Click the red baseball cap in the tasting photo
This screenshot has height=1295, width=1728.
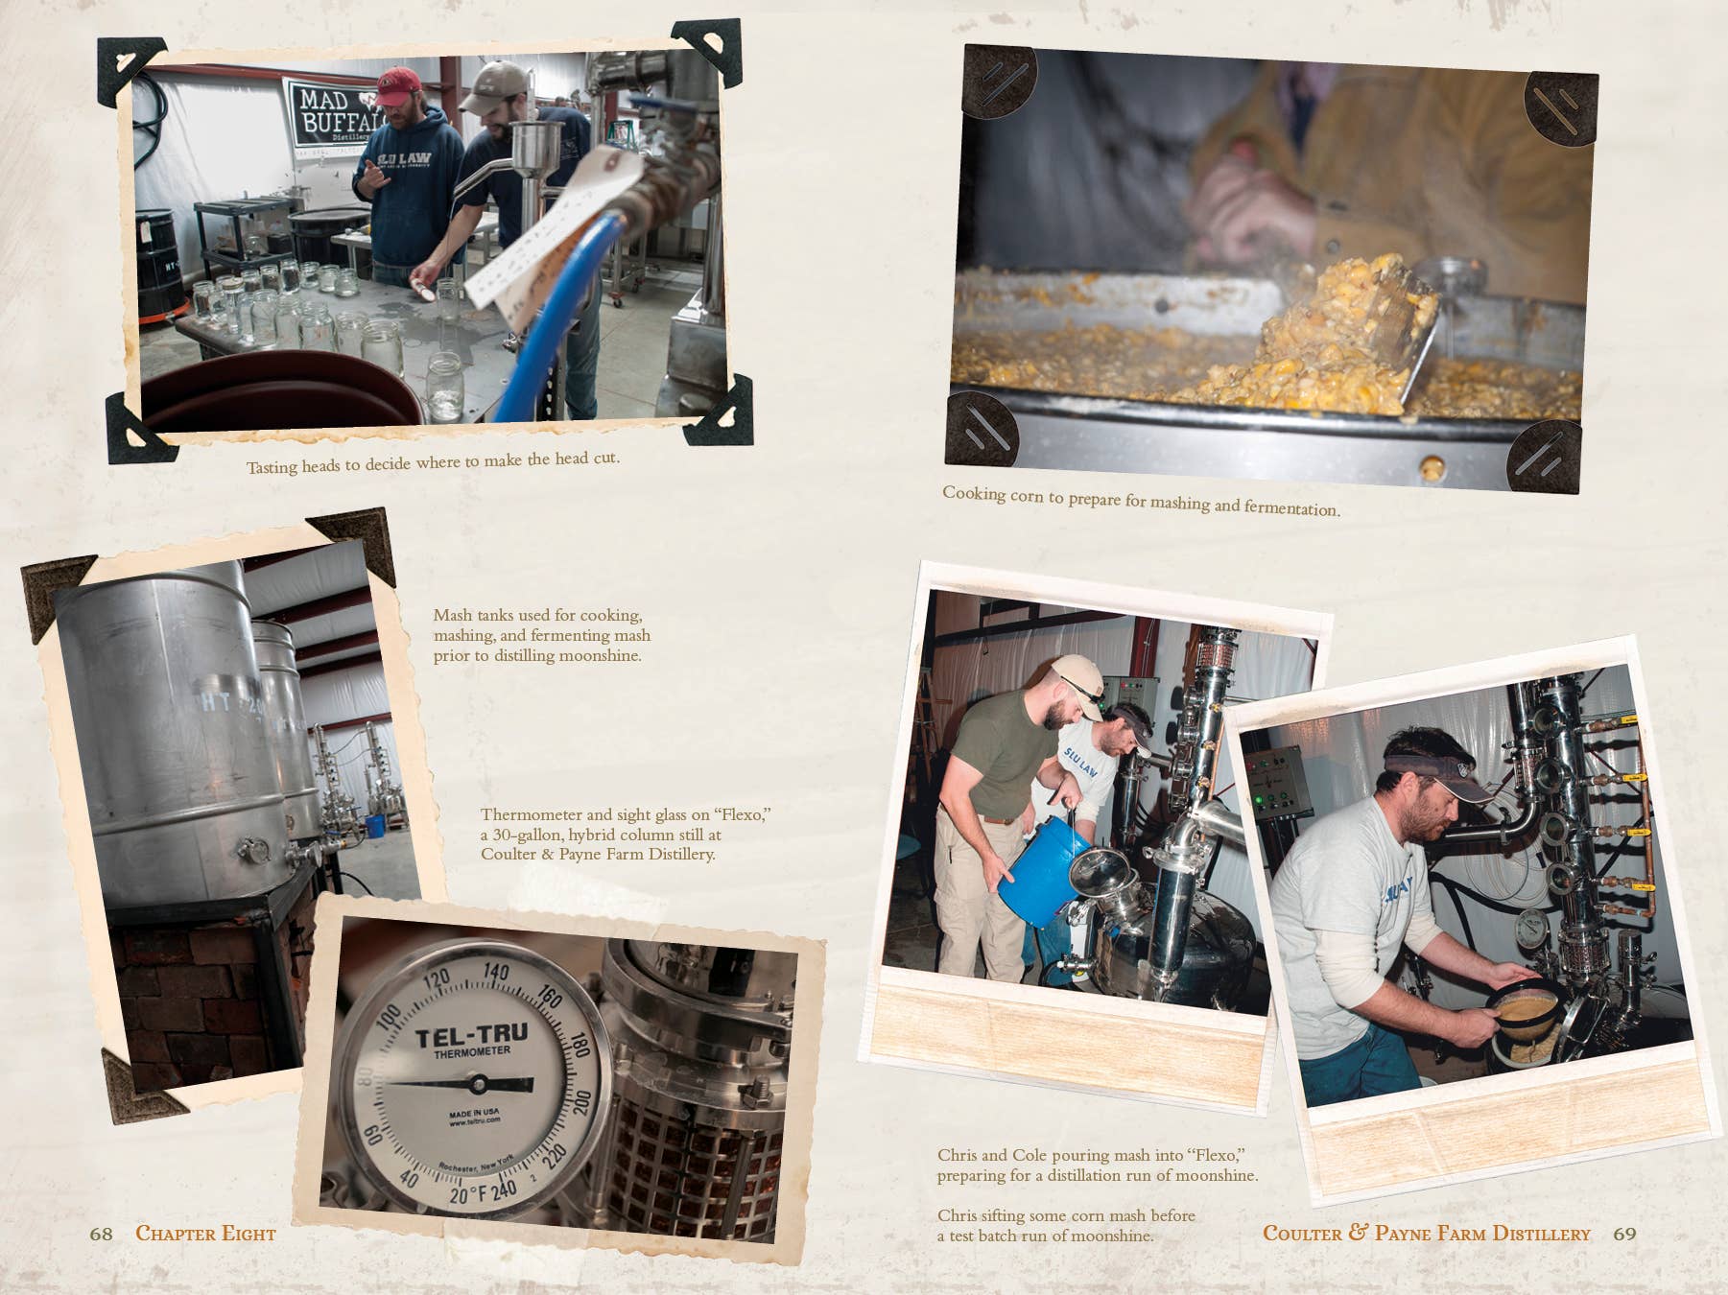point(399,83)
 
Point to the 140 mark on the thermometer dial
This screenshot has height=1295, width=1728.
point(495,973)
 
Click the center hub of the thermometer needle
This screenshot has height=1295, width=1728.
point(477,1084)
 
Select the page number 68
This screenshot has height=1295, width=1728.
point(101,1234)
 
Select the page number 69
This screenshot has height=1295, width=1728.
point(1624,1234)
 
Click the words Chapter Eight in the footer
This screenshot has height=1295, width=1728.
point(205,1234)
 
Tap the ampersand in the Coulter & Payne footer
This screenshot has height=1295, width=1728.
point(1358,1232)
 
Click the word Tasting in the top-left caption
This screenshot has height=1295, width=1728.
point(272,467)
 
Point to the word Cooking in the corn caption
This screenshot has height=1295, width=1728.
point(974,493)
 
